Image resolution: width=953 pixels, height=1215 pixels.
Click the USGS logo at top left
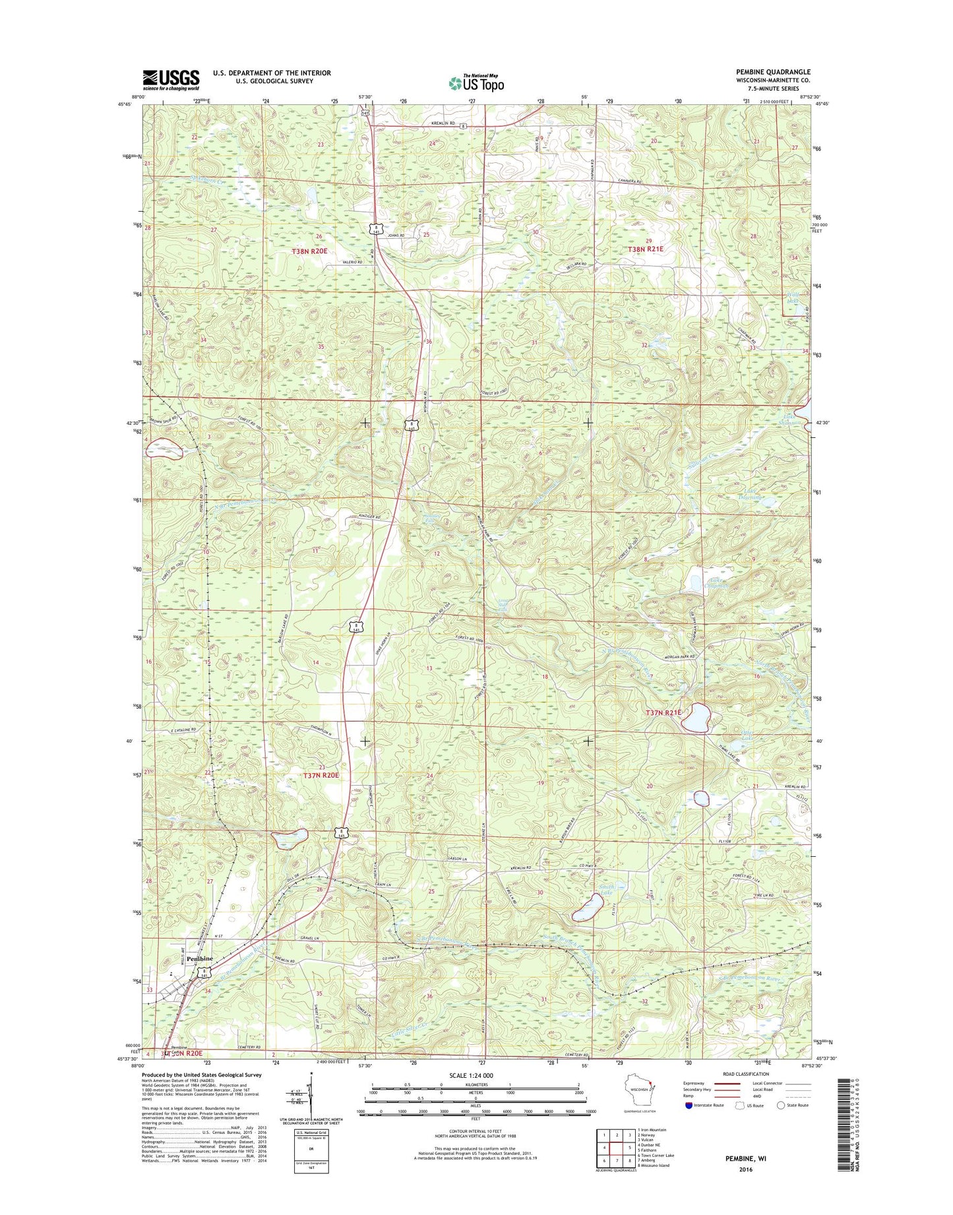click(171, 80)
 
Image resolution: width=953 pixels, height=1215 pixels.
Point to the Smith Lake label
click(606, 890)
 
